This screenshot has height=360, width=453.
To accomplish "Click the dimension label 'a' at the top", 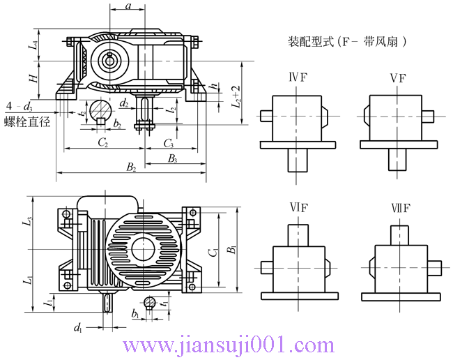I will (128, 6).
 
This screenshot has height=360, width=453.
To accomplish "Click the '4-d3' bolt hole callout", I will (19, 107).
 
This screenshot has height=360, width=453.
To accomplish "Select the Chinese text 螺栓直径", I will (27, 121).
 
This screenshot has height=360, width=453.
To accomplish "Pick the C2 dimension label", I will (102, 143).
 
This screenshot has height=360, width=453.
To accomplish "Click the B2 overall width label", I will (130, 167).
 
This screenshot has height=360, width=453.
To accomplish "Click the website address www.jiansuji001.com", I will (228, 345).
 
